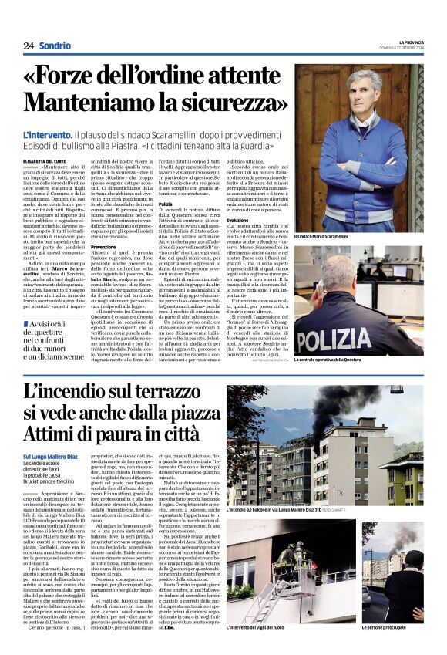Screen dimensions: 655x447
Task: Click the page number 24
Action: [x=29, y=46]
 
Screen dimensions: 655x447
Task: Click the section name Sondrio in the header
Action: [x=55, y=46]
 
